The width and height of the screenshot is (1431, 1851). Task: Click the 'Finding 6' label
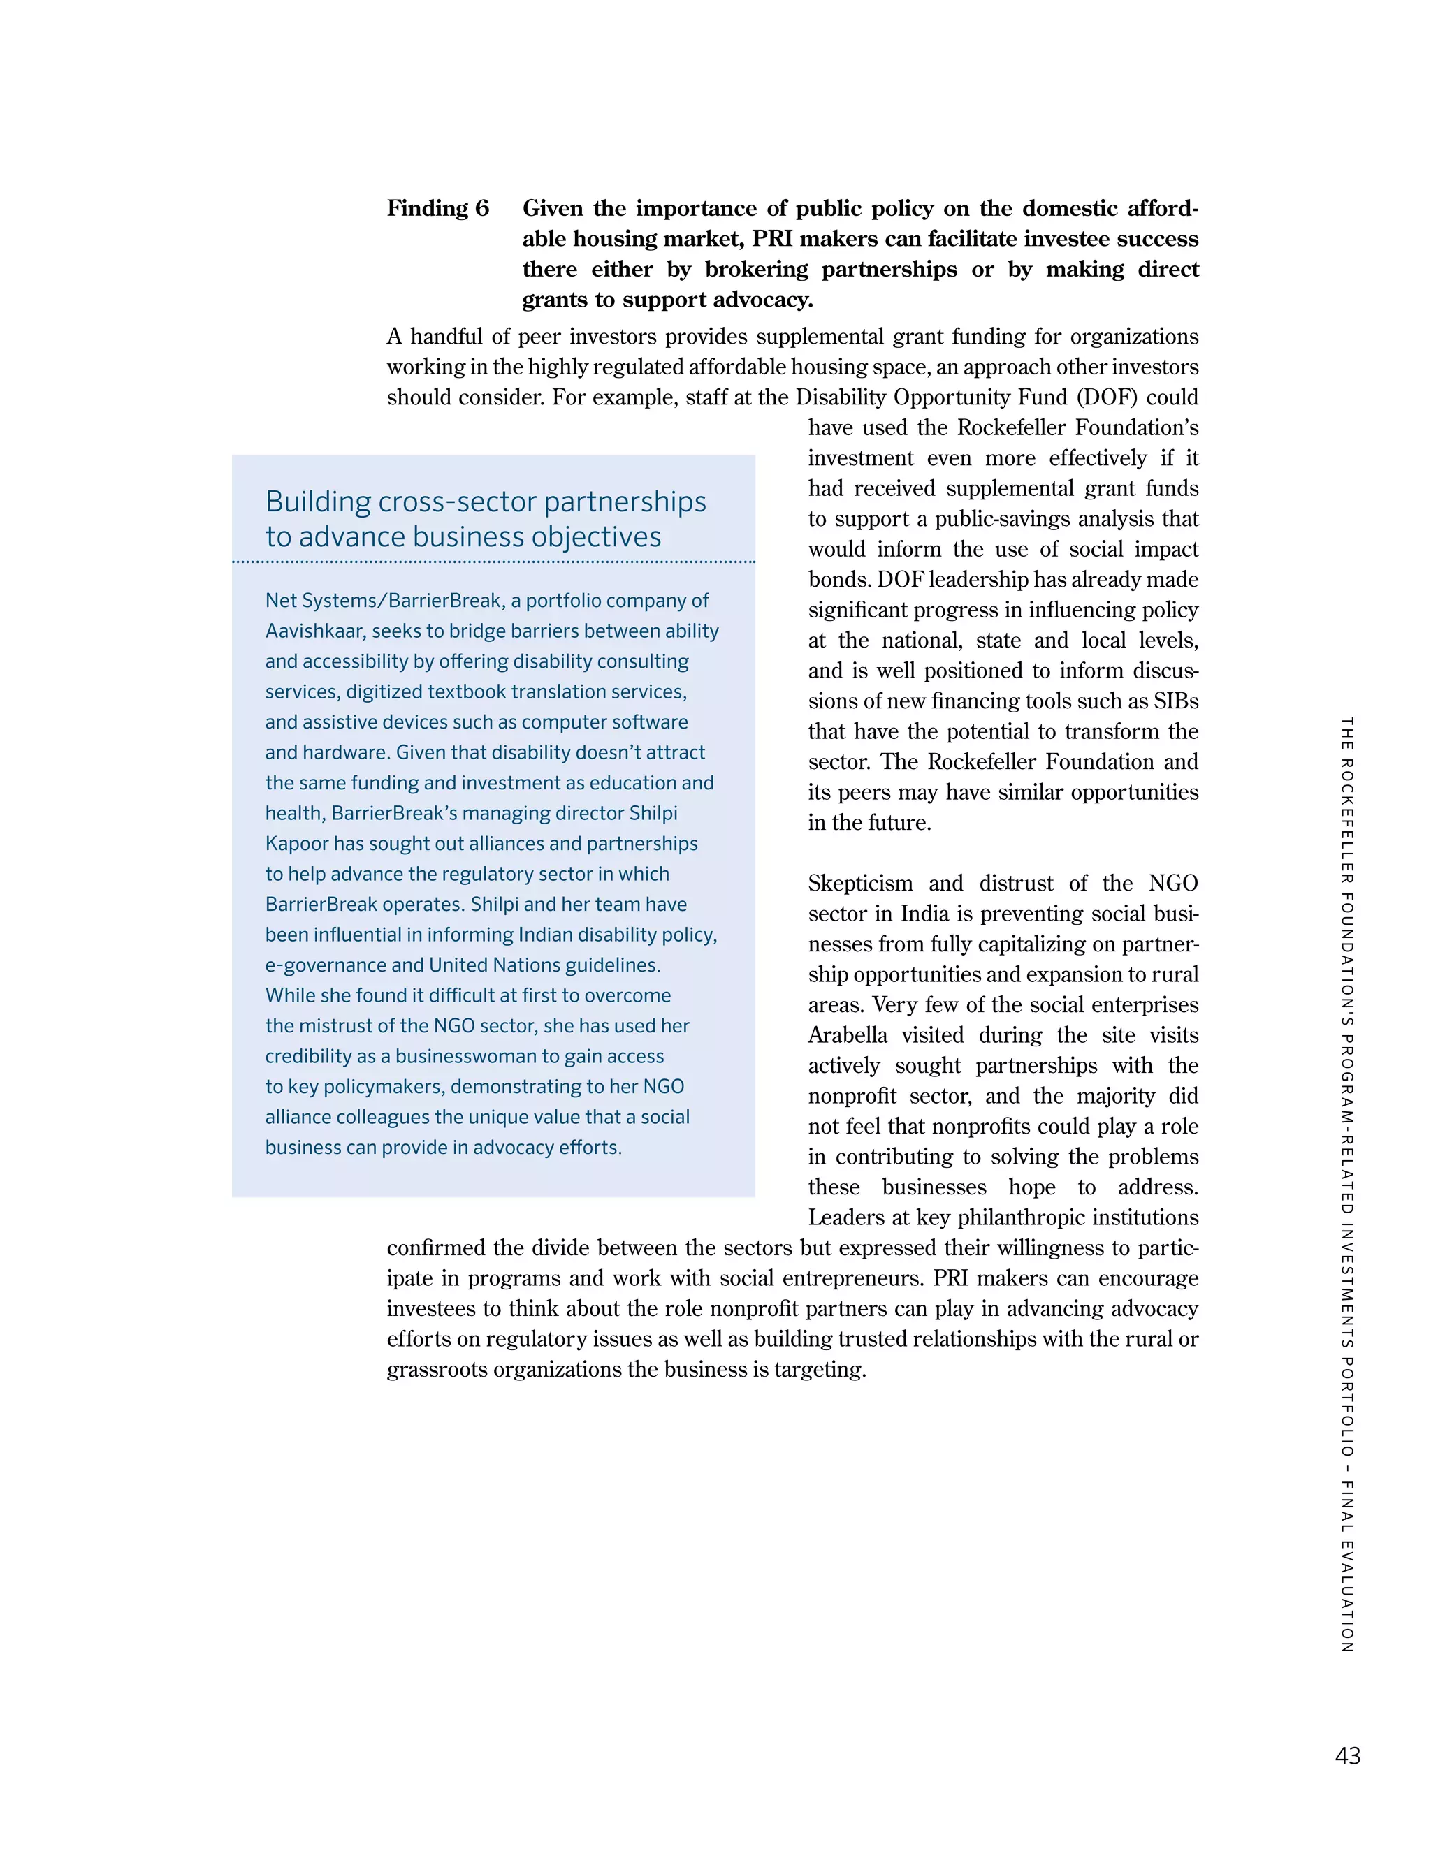[x=437, y=208]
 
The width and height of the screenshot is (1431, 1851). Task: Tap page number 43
[x=1347, y=1755]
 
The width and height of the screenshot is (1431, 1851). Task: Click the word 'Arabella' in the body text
[x=848, y=1036]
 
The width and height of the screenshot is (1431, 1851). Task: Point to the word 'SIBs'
[x=1176, y=702]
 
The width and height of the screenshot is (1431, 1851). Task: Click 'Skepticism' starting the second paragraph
[x=860, y=884]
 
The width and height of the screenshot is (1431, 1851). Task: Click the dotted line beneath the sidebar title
[x=493, y=562]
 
